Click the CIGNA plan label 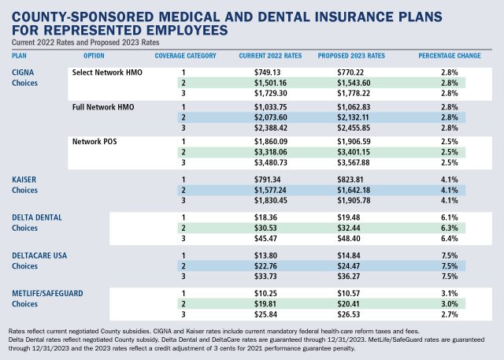24,72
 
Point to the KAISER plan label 25,180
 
